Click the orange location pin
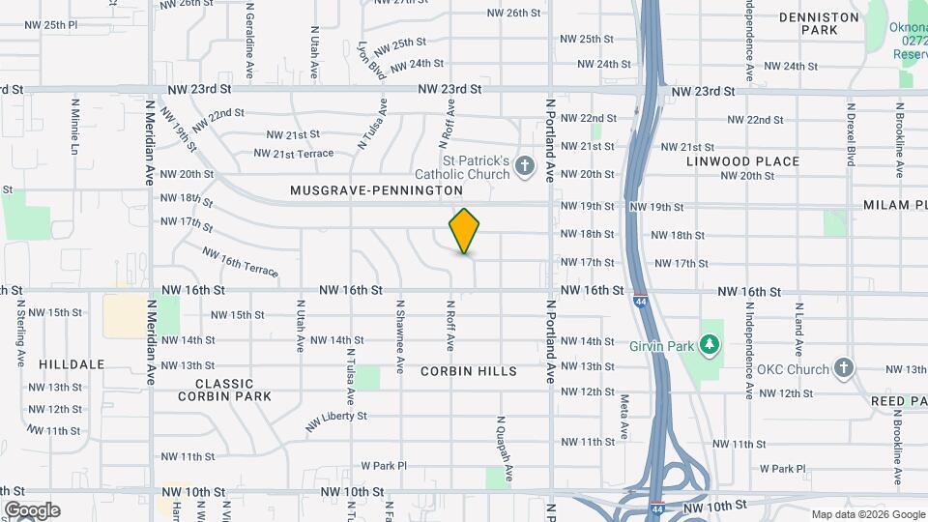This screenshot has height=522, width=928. (x=464, y=231)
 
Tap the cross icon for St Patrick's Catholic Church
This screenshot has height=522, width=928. (x=525, y=167)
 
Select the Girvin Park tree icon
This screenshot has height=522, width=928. (x=710, y=344)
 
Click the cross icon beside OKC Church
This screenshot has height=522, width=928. (x=845, y=368)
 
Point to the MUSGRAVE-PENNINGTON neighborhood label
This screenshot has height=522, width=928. (x=377, y=191)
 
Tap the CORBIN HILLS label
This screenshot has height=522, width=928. (x=469, y=371)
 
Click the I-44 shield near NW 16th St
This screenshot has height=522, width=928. (x=640, y=301)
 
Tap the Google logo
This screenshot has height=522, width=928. (x=31, y=509)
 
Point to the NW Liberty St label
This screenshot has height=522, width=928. (x=337, y=420)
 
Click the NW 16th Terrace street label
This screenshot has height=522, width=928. (x=240, y=260)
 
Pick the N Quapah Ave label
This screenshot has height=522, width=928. (x=504, y=450)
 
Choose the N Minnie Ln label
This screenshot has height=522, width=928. (x=74, y=127)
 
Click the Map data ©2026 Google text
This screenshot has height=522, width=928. (x=867, y=514)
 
